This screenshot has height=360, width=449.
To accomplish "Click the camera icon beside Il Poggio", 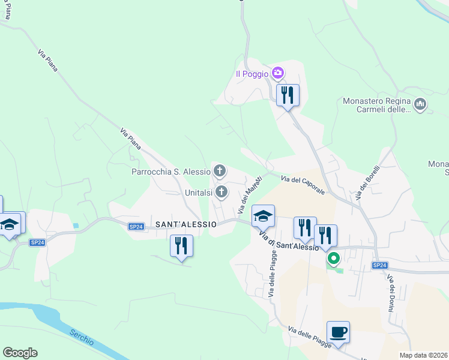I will click(x=277, y=73).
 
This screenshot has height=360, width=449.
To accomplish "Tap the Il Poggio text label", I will click(x=252, y=74).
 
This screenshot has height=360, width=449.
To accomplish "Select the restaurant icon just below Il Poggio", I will click(x=288, y=95).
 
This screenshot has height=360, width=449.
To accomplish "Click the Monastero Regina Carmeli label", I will click(x=376, y=105).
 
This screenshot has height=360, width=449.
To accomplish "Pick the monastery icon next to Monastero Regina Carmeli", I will click(x=420, y=105).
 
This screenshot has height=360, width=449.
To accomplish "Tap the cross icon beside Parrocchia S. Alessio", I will click(x=220, y=172).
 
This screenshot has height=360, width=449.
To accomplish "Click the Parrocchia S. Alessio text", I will click(x=171, y=172).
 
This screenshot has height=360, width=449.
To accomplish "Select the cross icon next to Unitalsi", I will click(x=221, y=192).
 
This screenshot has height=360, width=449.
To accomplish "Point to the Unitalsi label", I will click(x=199, y=193).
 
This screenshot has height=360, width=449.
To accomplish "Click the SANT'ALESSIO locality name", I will click(x=185, y=224).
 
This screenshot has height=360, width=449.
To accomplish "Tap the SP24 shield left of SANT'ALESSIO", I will click(x=136, y=226).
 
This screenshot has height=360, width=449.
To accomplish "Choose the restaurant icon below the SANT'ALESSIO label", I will click(x=181, y=245).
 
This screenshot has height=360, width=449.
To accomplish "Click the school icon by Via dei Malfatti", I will click(x=263, y=215).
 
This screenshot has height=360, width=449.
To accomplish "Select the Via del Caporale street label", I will click(x=303, y=183).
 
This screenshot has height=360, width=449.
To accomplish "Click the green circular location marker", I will click(x=333, y=259).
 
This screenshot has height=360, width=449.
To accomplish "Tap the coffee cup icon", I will click(x=339, y=332).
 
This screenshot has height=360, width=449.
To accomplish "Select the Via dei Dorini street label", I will click(x=390, y=293).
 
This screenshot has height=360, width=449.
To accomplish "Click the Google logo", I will click(x=20, y=353).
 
